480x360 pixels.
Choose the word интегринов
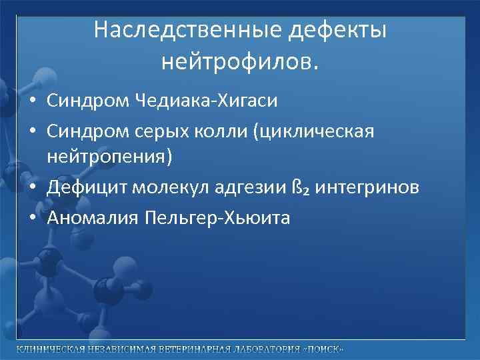367,187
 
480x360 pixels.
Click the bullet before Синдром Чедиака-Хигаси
32,101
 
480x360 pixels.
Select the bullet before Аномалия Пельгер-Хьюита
32,217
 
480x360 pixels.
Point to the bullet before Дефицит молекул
32,188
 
